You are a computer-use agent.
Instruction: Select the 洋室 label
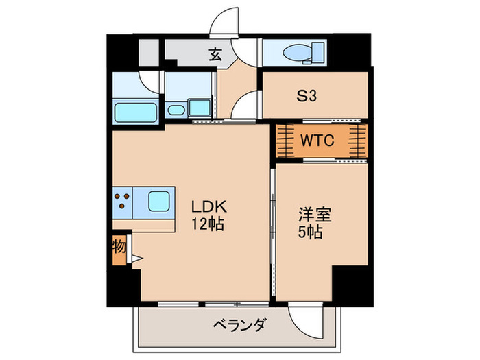[x=314, y=215]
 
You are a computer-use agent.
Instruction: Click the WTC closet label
[x=317, y=141]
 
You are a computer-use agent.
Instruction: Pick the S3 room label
[x=307, y=97]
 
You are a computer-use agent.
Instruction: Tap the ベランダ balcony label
[x=238, y=324]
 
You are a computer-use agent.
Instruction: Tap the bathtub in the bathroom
[x=134, y=110]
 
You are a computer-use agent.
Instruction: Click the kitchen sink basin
[x=160, y=200]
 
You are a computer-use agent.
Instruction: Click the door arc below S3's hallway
[x=245, y=106]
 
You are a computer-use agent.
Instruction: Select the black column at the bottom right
[x=352, y=284]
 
